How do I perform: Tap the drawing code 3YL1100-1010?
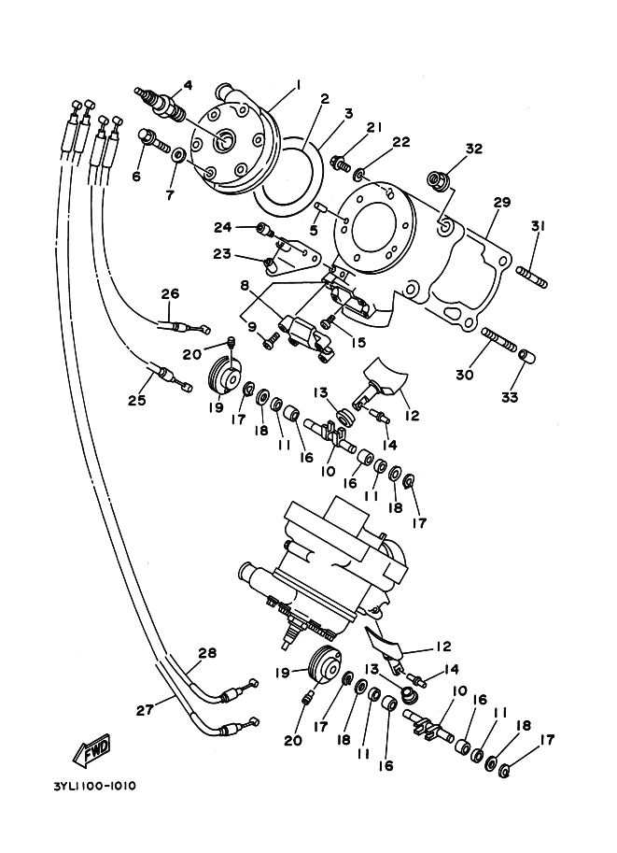click(x=94, y=787)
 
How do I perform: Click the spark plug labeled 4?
click(x=161, y=103)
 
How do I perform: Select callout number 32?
click(x=474, y=149)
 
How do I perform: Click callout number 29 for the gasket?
click(x=502, y=203)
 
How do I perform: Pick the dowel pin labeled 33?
click(x=527, y=356)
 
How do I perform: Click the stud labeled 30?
click(x=498, y=341)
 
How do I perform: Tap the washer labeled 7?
click(x=178, y=155)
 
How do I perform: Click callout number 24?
click(x=223, y=227)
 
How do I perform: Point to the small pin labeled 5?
click(x=320, y=207)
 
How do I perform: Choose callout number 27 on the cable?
click(x=145, y=710)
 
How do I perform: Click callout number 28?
click(x=207, y=653)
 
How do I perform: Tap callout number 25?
click(x=137, y=401)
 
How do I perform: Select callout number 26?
click(x=170, y=293)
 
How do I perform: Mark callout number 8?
click(x=245, y=284)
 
